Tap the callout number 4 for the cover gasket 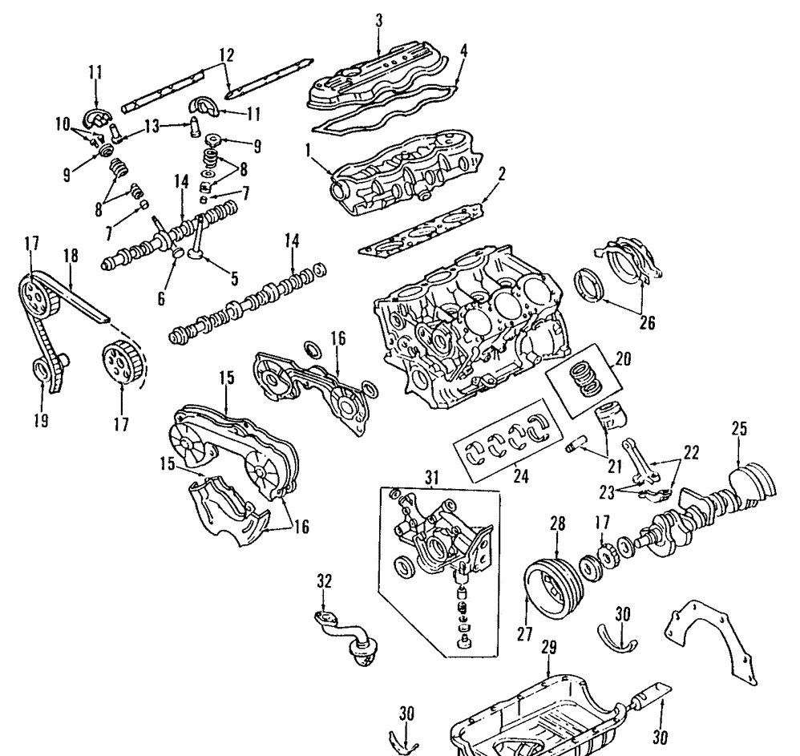point(463,49)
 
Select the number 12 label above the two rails point(227,55)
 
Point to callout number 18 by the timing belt point(71,257)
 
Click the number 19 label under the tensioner point(42,417)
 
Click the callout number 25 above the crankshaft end point(738,429)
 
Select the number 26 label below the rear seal point(647,322)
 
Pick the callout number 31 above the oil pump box point(433,478)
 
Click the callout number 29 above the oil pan point(548,645)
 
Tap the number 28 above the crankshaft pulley point(557,524)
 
